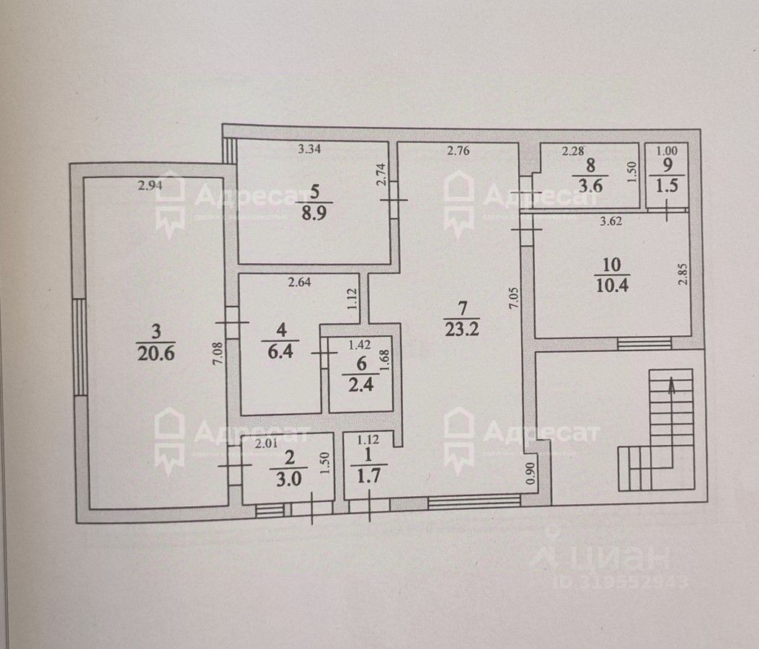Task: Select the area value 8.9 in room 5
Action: pyautogui.click(x=314, y=215)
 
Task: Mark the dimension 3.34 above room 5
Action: pyautogui.click(x=310, y=151)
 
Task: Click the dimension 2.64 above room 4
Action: pyautogui.click(x=300, y=283)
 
